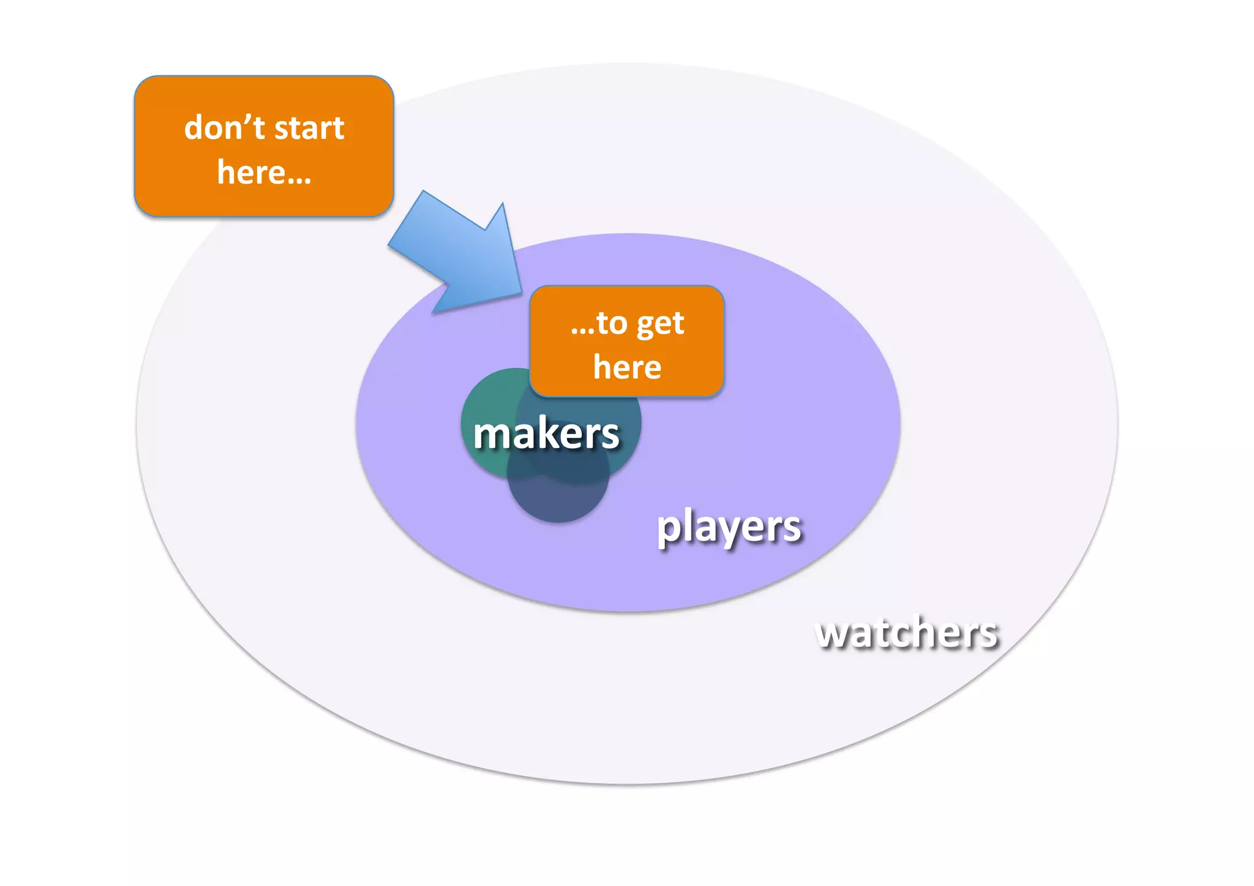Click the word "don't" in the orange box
pyautogui.click(x=224, y=127)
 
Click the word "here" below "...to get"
pyautogui.click(x=627, y=367)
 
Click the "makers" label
pyautogui.click(x=546, y=434)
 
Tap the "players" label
pyautogui.click(x=728, y=527)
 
